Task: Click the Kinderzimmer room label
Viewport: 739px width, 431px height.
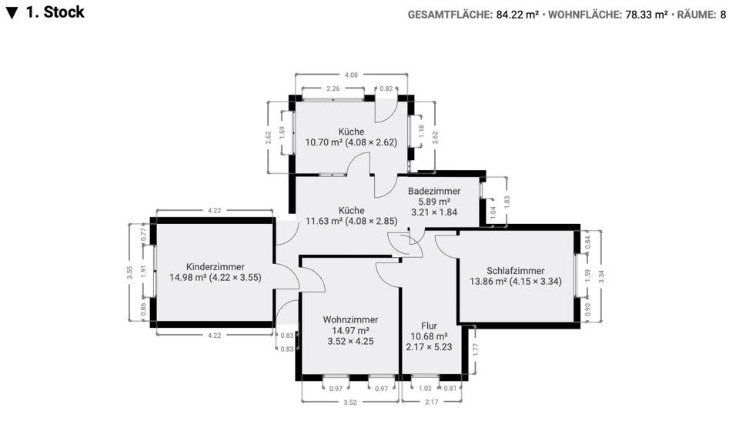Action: (215, 266)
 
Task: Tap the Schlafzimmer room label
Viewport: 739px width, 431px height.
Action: (515, 270)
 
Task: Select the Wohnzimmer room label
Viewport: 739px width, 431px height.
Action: (350, 319)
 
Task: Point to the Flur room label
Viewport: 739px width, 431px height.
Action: (429, 326)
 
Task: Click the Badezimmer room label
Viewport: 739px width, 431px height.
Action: (434, 191)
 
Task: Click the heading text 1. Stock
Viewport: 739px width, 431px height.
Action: (55, 12)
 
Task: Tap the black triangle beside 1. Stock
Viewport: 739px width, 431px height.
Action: (12, 13)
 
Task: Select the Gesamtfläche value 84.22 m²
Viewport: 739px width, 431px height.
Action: (518, 14)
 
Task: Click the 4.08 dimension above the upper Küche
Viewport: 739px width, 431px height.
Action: (351, 75)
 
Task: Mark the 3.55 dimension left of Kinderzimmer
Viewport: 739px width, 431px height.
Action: (130, 272)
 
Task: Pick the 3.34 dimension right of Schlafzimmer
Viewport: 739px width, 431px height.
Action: (601, 276)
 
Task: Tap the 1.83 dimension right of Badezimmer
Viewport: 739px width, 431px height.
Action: (506, 199)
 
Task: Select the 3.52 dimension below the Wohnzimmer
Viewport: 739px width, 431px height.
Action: (350, 401)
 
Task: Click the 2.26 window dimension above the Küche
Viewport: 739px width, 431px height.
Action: (332, 89)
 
